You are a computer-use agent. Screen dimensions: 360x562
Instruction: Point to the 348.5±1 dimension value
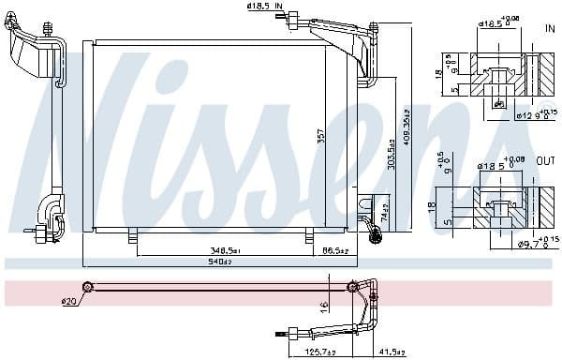coord(225,251)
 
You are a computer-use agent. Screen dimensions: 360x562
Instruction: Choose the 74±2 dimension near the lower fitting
coord(383,212)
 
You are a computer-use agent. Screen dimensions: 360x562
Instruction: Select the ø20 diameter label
coord(67,301)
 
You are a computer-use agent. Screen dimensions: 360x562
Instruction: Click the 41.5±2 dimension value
coord(392,352)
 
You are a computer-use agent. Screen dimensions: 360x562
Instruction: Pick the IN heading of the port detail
coord(550,29)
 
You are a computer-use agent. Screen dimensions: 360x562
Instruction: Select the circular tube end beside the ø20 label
coord(87,287)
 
